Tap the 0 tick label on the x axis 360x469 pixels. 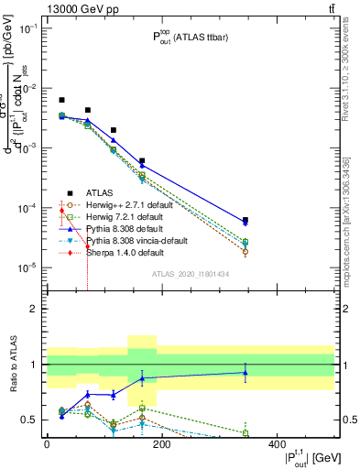click(x=47, y=444)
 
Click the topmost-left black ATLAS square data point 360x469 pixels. click(x=61, y=100)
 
